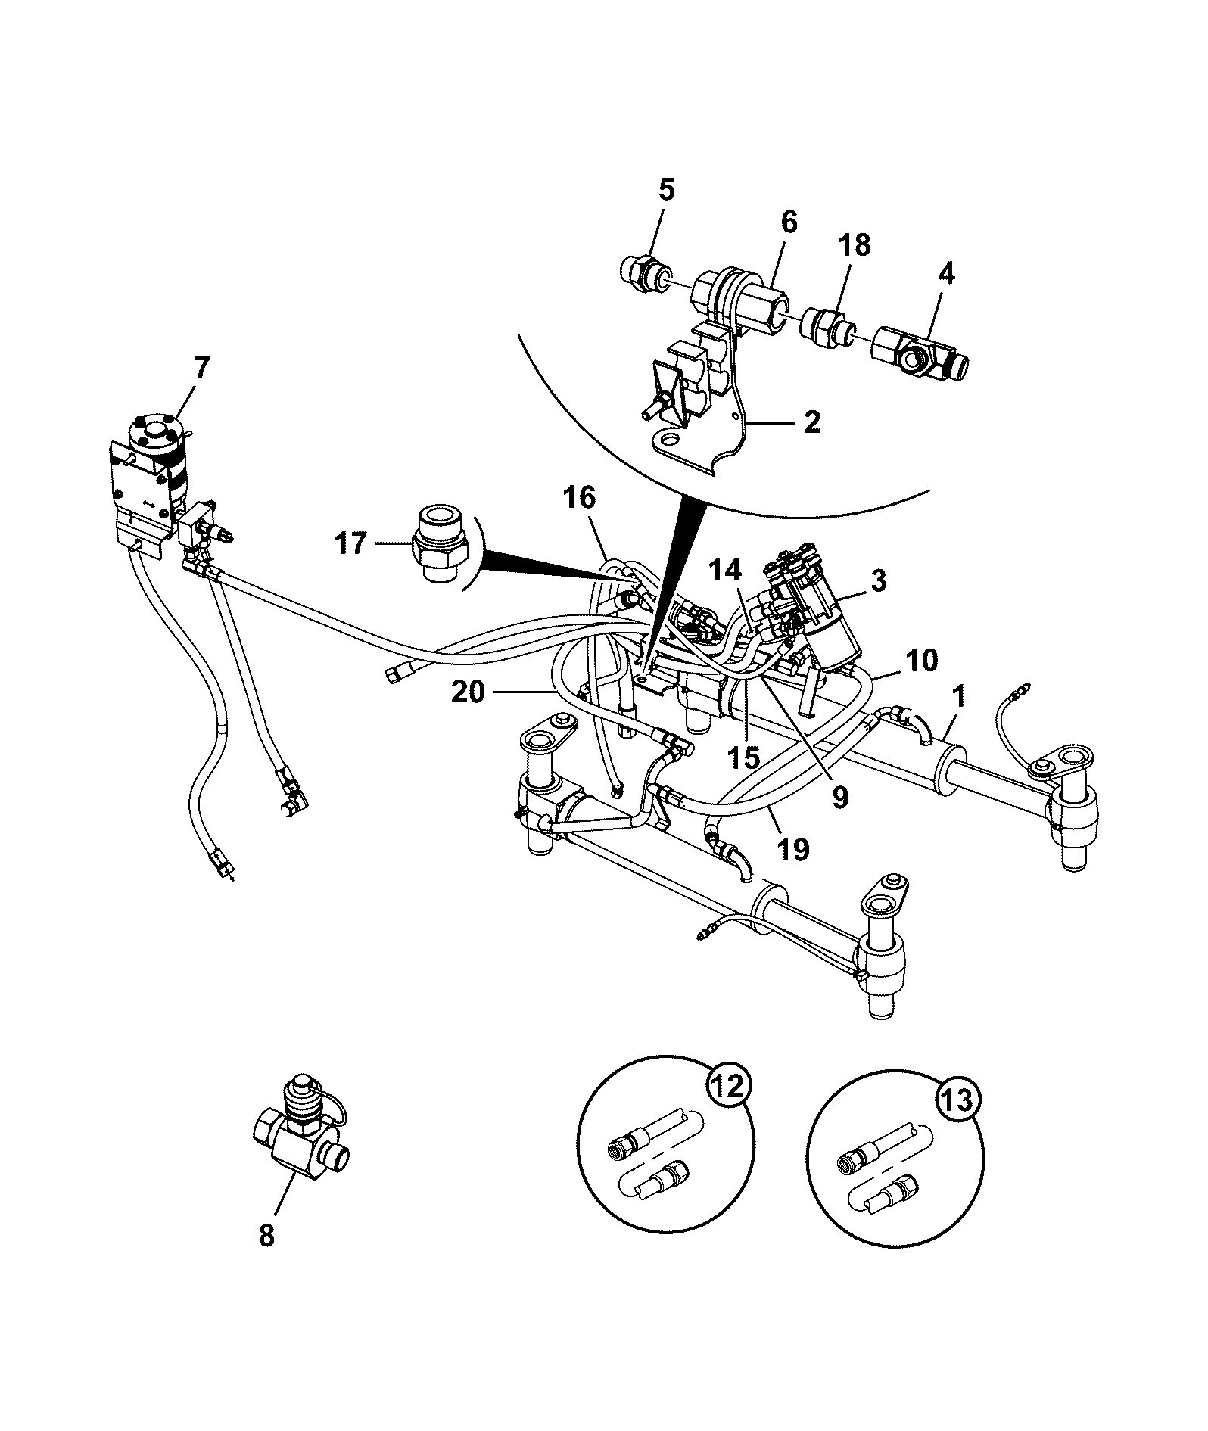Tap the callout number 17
tap(351, 544)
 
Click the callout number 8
tap(266, 1237)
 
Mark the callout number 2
tap(812, 422)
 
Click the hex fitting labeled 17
tap(441, 541)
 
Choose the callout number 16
tap(579, 498)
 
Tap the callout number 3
tap(878, 581)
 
